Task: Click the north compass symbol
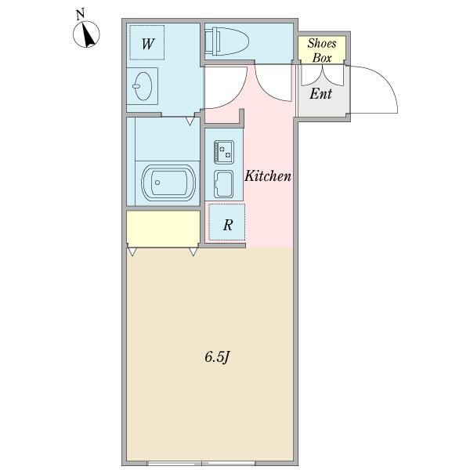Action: pos(88,35)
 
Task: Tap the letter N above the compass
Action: pos(79,13)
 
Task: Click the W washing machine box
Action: pos(147,44)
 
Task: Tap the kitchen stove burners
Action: pos(224,149)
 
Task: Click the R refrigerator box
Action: pos(226,224)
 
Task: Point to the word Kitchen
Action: pos(268,176)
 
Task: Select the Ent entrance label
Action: pos(320,94)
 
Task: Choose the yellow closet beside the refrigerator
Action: pos(163,227)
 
